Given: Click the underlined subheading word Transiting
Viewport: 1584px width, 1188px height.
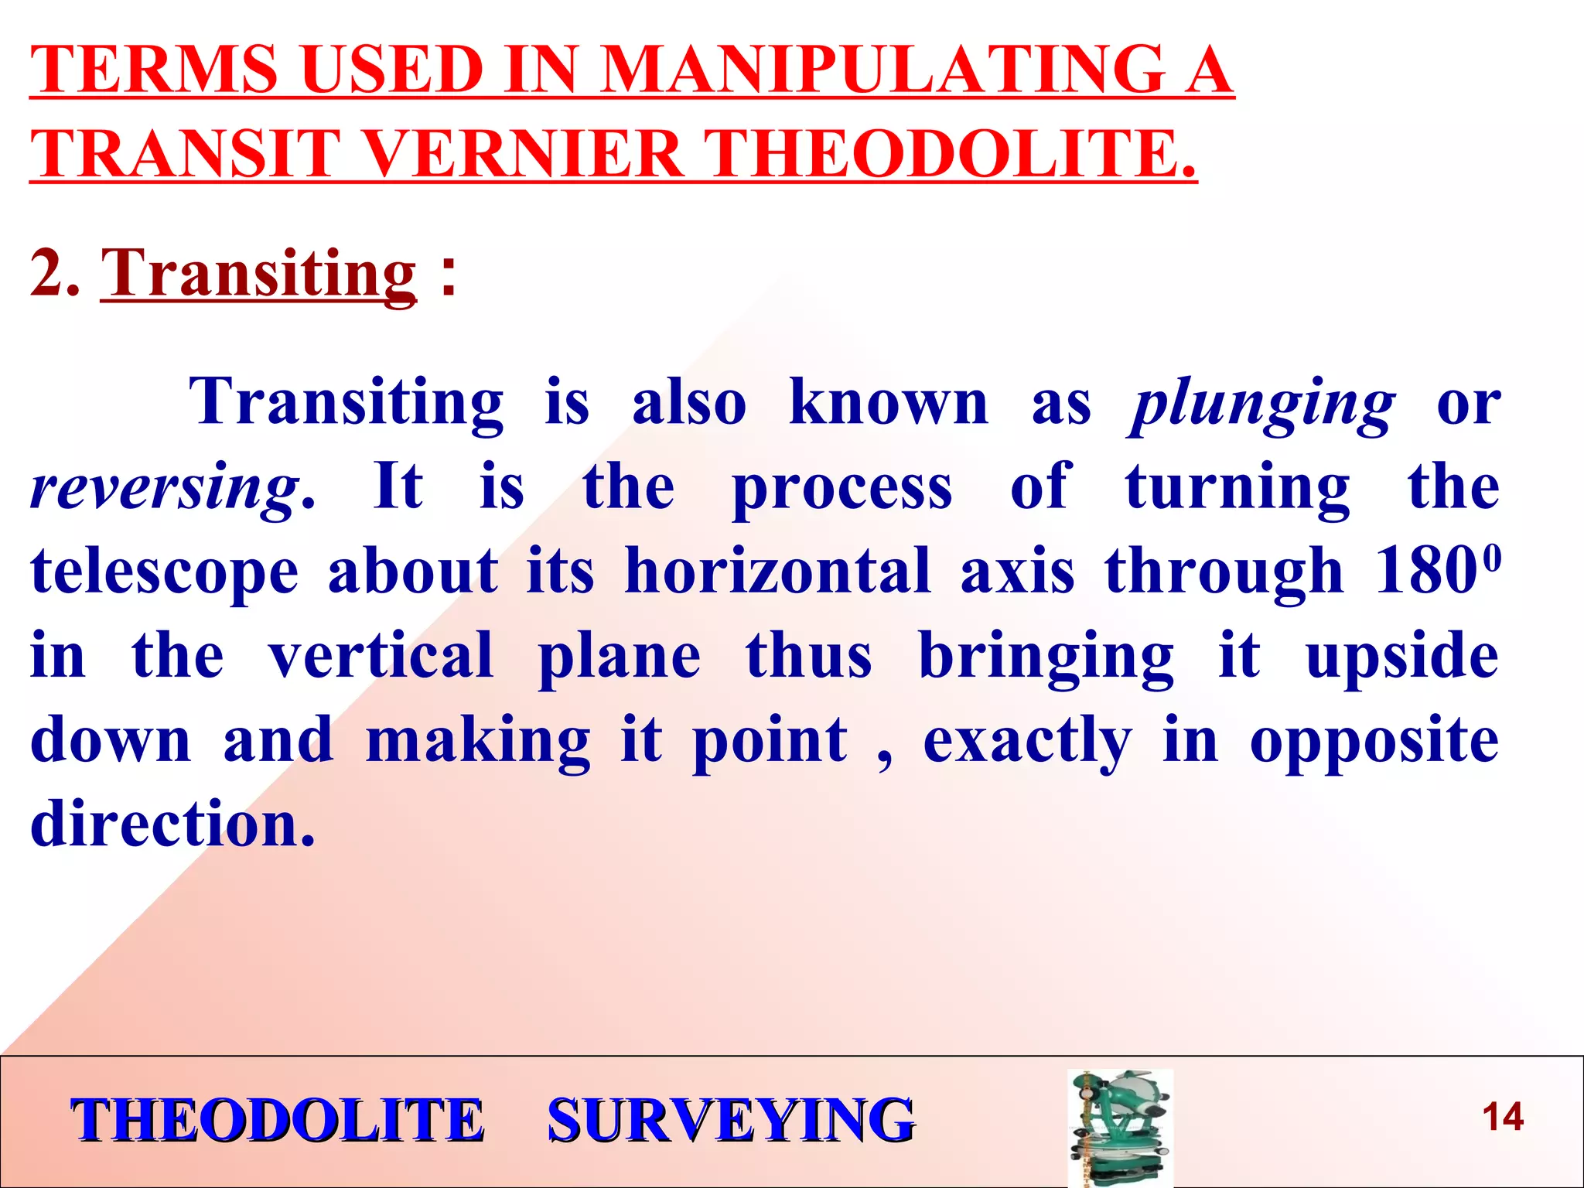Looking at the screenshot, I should pos(258,274).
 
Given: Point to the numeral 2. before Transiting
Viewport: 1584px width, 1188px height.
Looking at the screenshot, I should pos(54,274).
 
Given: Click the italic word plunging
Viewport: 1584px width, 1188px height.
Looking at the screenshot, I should pos(1261,404).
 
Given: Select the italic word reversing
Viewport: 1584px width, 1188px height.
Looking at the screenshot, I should pos(164,488).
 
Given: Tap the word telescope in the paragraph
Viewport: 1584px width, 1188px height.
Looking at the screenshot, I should pos(164,572).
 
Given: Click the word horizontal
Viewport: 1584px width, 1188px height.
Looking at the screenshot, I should pos(777,572).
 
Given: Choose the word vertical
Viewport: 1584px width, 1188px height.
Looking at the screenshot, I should pos(381,656).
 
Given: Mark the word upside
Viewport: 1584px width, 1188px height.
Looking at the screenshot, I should pos(1402,656).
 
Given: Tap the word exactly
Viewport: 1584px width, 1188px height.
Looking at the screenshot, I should pos(1027,741).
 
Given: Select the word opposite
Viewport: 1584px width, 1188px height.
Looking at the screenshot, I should pos(1374,741).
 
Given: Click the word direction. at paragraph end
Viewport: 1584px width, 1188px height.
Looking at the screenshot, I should pos(172,824).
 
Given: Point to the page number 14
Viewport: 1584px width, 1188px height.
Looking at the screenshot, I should pos(1502,1118).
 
